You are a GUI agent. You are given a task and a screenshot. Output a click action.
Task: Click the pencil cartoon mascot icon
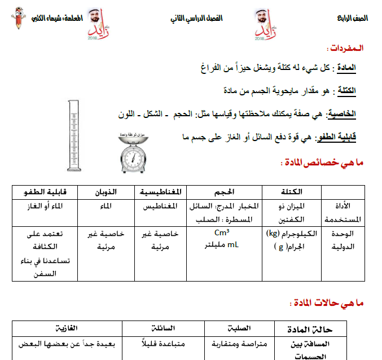17,19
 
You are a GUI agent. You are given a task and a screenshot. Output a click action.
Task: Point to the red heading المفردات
345,49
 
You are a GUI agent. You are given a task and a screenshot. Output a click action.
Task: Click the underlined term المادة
345,68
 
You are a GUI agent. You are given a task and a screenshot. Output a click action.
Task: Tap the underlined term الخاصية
343,114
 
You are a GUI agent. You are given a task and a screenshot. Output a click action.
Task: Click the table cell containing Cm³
225,233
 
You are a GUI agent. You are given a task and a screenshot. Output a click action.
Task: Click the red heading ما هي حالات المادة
327,304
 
